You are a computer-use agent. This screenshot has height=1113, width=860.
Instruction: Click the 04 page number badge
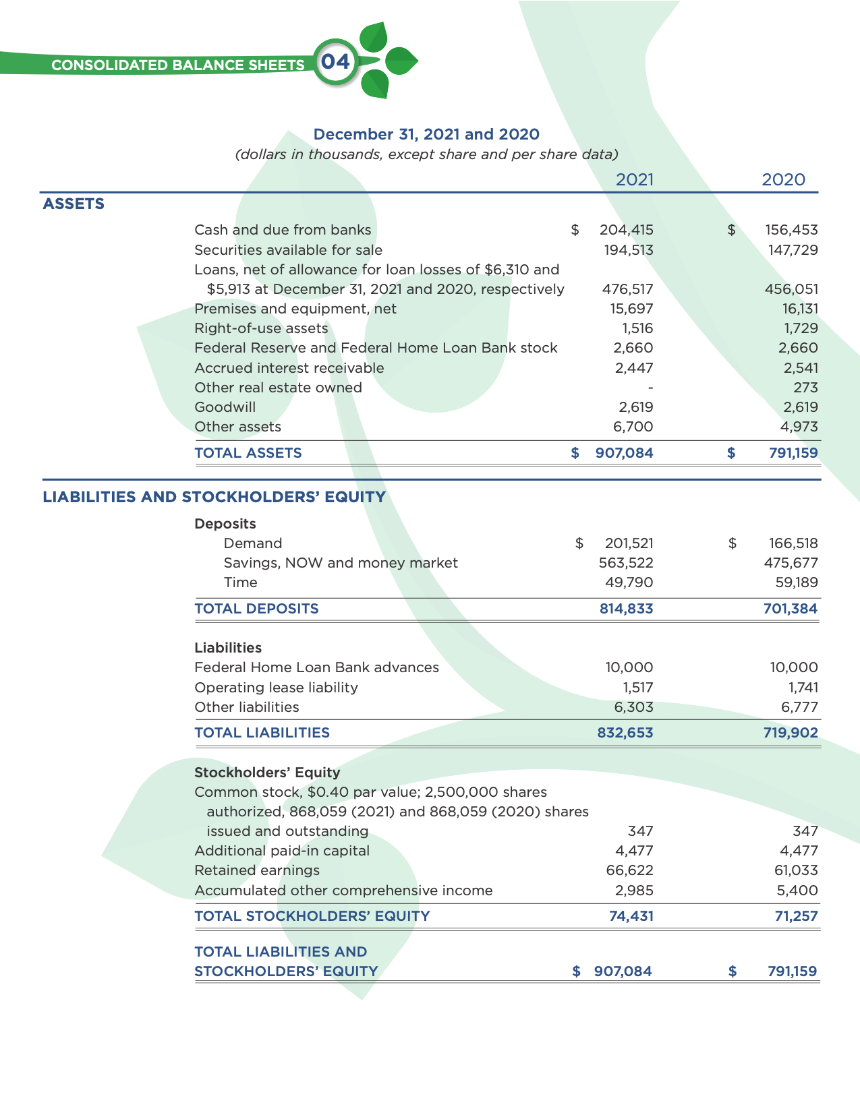pyautogui.click(x=335, y=63)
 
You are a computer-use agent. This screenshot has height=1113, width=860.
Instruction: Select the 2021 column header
pyautogui.click(x=635, y=179)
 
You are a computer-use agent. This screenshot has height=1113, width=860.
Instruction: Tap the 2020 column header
pyautogui.click(x=783, y=179)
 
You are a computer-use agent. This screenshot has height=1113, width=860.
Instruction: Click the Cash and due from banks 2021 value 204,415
pyautogui.click(x=626, y=230)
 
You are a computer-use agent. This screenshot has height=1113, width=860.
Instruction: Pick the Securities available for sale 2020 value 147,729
pyautogui.click(x=793, y=250)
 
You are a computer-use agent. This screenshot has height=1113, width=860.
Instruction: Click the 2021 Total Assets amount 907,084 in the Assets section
pyautogui.click(x=624, y=453)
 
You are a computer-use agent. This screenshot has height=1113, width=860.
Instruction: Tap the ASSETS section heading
pyautogui.click(x=74, y=204)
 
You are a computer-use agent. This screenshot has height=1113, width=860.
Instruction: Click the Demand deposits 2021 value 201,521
pyautogui.click(x=629, y=543)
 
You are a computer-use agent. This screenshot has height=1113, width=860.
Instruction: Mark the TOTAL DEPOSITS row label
pyautogui.click(x=256, y=609)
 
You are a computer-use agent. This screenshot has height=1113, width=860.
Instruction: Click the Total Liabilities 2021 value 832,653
pyautogui.click(x=625, y=733)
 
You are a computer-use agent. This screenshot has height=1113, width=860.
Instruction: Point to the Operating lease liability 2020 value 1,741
pyautogui.click(x=803, y=688)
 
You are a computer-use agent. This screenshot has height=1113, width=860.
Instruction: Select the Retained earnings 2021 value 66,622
pyautogui.click(x=629, y=870)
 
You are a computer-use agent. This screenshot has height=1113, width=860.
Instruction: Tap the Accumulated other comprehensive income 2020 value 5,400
pyautogui.click(x=797, y=891)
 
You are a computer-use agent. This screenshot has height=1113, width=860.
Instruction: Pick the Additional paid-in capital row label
pyautogui.click(x=282, y=851)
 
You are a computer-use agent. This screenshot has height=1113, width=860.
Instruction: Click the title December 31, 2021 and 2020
pyautogui.click(x=426, y=134)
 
